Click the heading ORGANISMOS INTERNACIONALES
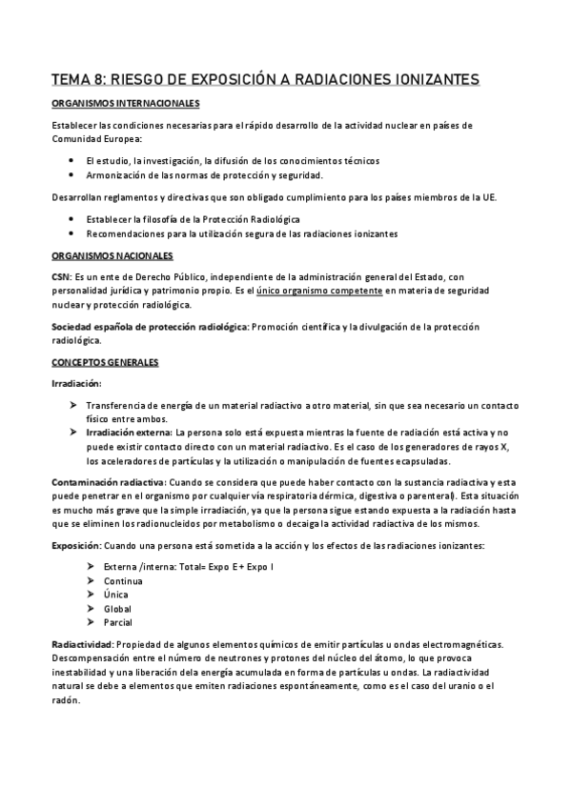(x=125, y=103)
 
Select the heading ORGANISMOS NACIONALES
(x=112, y=256)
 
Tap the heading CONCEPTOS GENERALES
(x=105, y=363)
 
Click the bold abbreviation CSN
(x=60, y=275)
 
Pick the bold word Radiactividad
(x=82, y=646)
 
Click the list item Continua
(x=123, y=580)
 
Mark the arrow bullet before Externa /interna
(x=90, y=567)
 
